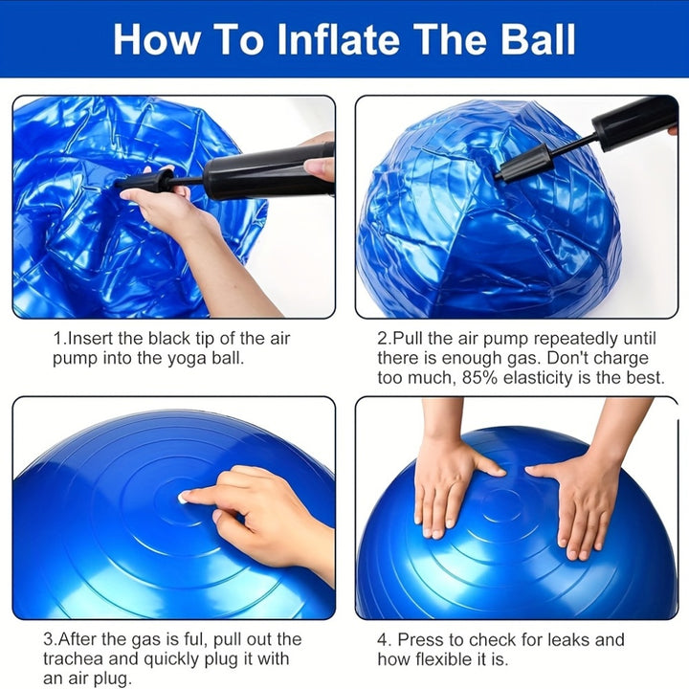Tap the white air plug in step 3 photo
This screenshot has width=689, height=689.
(183, 497)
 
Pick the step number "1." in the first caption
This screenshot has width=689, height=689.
(59, 339)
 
